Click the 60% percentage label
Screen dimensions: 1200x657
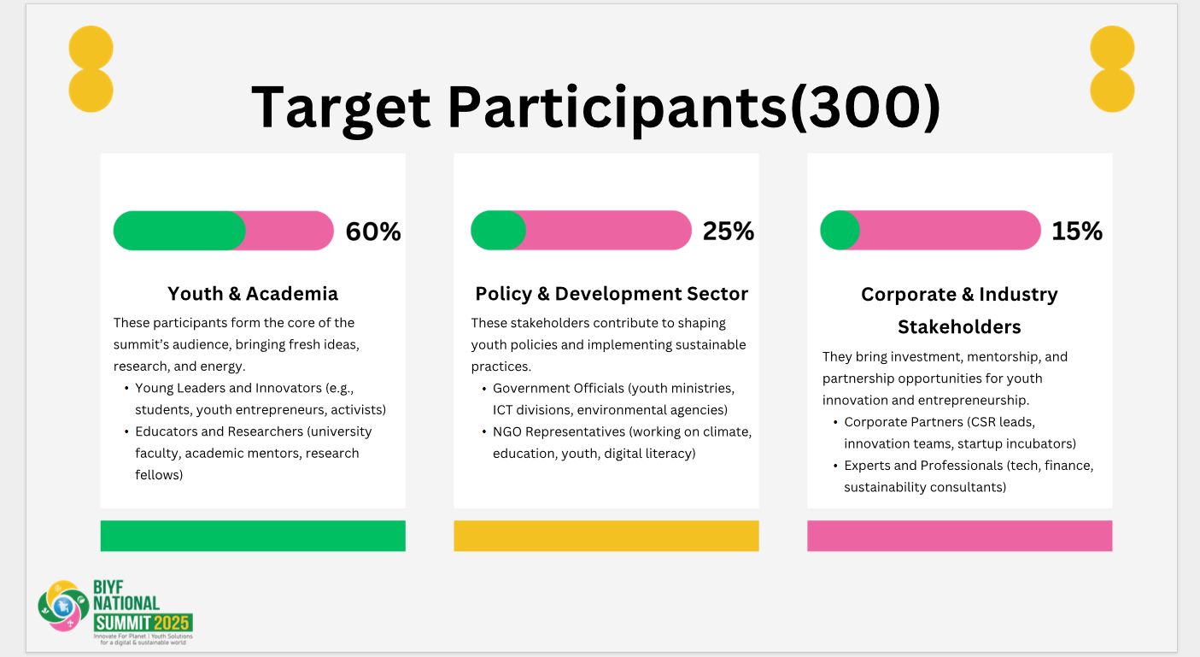pos(373,232)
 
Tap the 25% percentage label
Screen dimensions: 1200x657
pos(728,231)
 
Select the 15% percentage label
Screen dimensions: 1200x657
pos(1077,231)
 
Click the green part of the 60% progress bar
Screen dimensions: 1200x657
pos(179,231)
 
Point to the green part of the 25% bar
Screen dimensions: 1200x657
pos(498,230)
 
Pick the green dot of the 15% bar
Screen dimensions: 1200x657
pos(840,230)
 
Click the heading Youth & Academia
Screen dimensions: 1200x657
pos(253,294)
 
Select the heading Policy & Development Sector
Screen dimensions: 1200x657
pos(612,294)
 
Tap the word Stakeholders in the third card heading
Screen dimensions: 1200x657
pos(959,327)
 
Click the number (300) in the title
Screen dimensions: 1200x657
pos(866,107)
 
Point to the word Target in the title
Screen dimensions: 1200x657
pos(341,109)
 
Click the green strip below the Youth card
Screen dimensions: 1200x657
pos(253,536)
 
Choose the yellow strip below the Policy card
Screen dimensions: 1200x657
pos(606,536)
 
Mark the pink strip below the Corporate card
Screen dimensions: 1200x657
pos(959,536)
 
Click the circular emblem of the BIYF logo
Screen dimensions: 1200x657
pos(64,606)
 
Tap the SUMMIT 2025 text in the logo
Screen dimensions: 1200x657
pos(143,623)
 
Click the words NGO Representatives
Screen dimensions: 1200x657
pos(559,432)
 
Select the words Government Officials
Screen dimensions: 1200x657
pos(559,389)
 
